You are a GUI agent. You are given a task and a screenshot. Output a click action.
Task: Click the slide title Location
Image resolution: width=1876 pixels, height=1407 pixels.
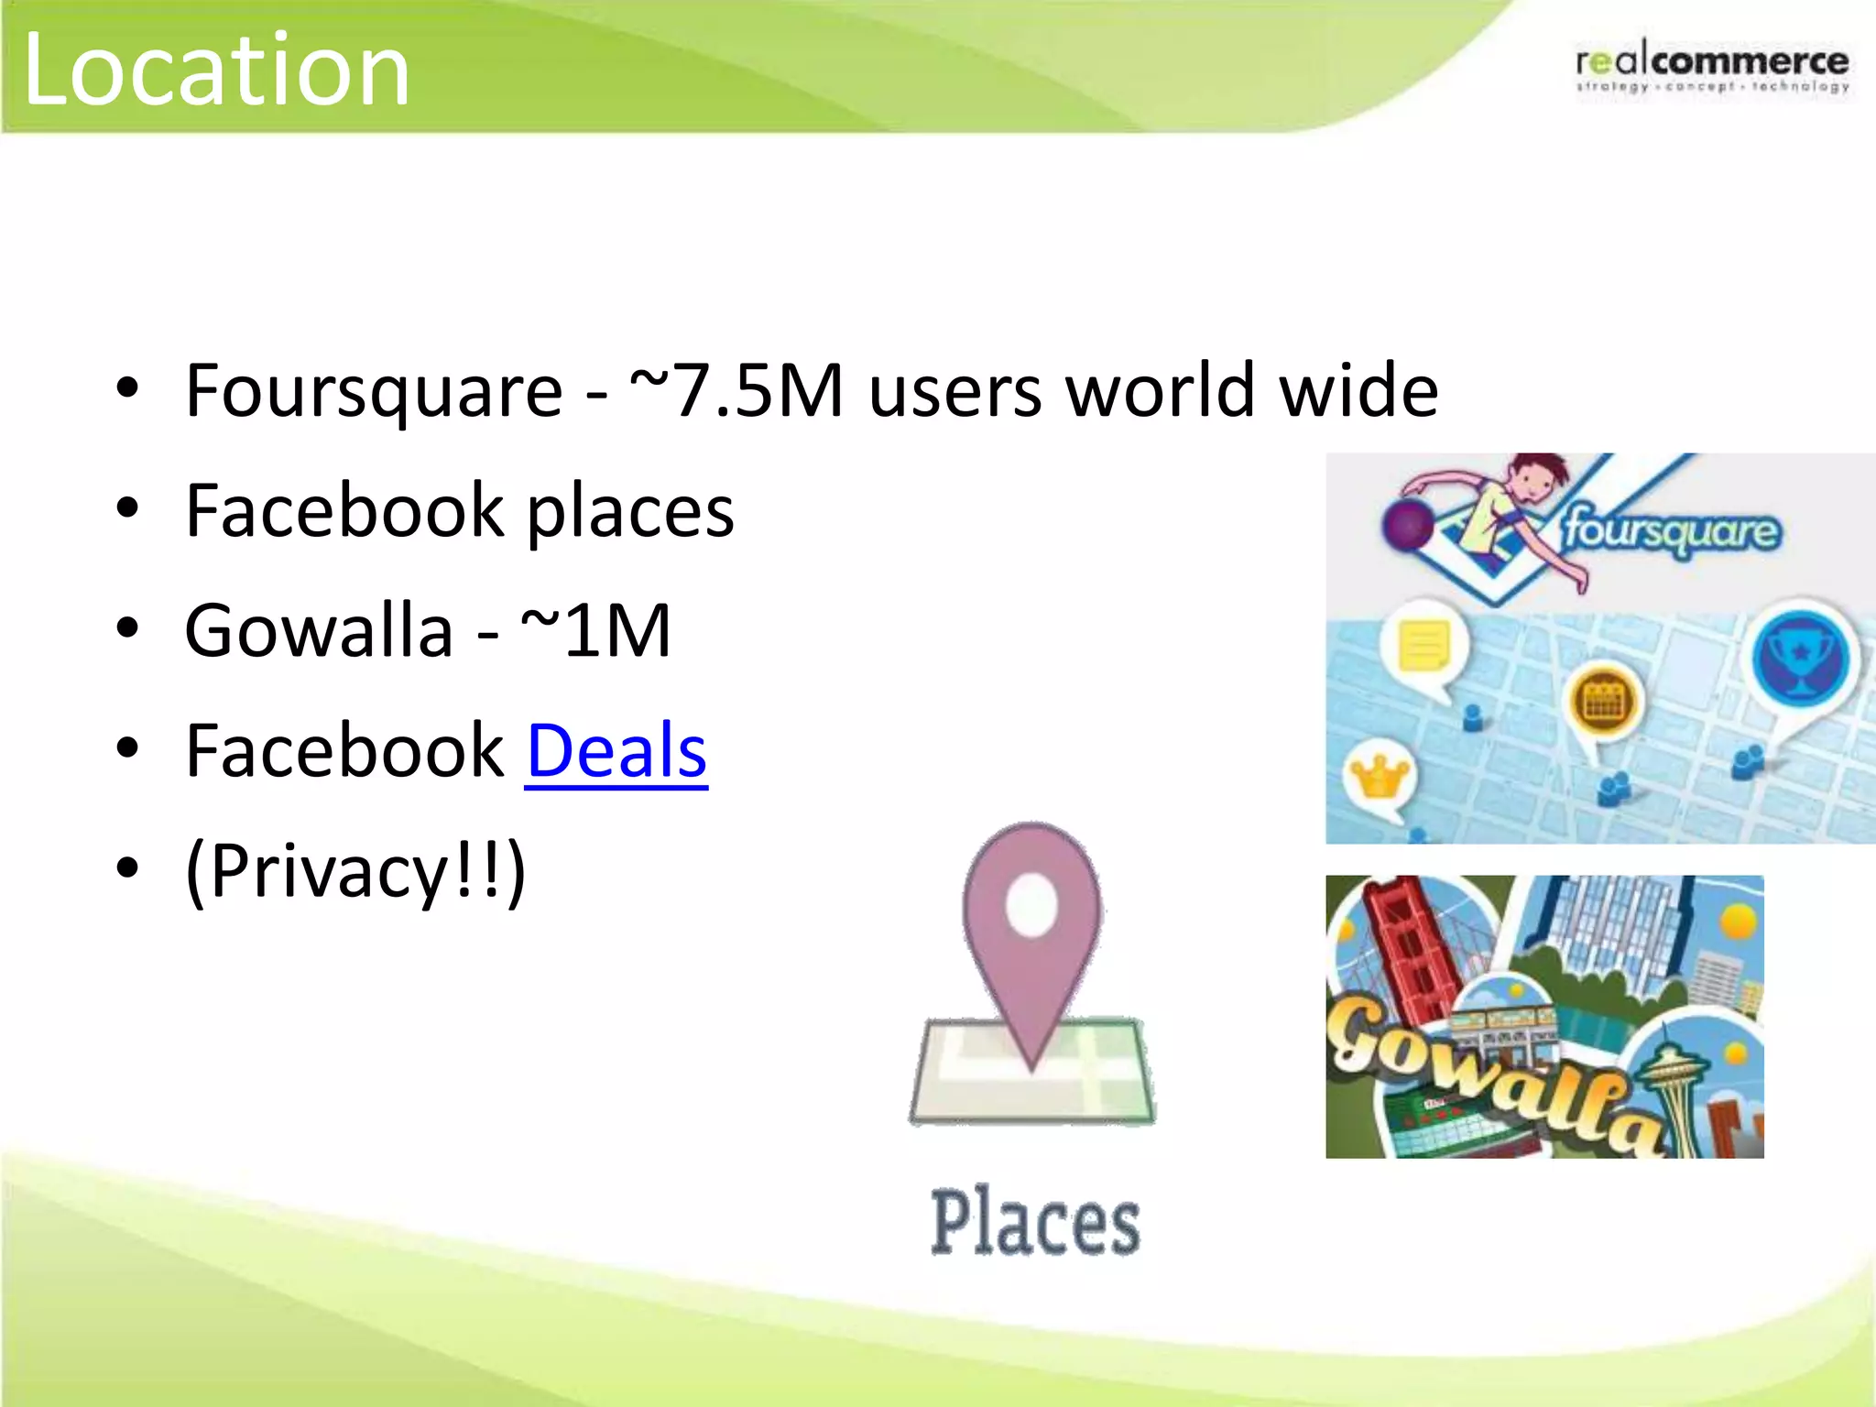[x=216, y=70]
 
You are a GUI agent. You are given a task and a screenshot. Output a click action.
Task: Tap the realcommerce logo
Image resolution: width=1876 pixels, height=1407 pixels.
[x=1711, y=66]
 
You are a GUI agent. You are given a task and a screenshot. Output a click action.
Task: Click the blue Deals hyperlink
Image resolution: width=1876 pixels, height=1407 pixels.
[x=616, y=750]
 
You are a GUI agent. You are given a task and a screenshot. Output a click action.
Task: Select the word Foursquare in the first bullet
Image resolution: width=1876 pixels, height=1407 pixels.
[x=374, y=391]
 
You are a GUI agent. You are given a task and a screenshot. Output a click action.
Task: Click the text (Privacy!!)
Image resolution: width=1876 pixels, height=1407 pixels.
[x=355, y=870]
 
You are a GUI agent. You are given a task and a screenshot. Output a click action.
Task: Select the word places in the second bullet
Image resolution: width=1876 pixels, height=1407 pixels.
[x=630, y=511]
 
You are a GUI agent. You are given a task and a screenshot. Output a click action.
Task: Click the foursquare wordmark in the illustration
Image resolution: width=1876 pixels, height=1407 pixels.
[x=1671, y=531]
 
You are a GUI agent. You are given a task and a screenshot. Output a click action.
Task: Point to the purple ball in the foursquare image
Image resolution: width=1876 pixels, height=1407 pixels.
[x=1408, y=525]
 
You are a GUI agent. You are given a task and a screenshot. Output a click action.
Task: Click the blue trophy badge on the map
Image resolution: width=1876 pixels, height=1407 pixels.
[x=1801, y=658]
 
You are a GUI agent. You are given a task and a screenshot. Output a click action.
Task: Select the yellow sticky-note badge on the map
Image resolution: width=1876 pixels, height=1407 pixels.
[x=1423, y=645]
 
